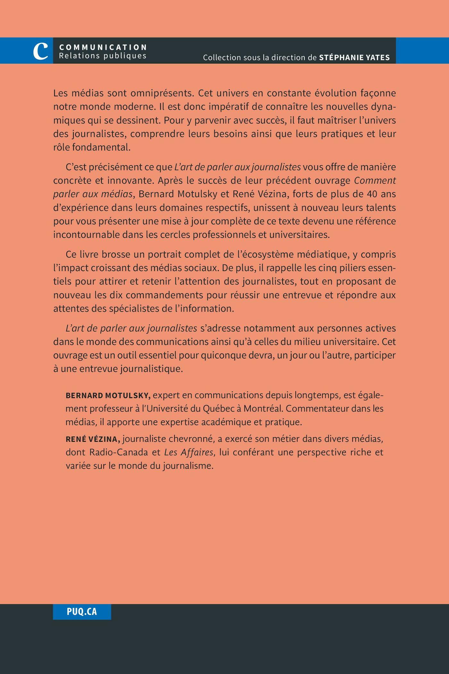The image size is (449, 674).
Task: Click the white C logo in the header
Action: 41,51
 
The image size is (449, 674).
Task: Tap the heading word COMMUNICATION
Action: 103,47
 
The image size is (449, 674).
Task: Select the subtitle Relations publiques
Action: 103,56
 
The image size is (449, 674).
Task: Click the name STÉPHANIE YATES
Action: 354,57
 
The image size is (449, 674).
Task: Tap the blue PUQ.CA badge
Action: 82,611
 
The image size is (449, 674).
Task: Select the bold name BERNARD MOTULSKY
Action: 108,395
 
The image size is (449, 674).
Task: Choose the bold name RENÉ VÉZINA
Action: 93,439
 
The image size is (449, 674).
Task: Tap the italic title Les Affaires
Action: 189,452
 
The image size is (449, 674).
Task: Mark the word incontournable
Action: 86,235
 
